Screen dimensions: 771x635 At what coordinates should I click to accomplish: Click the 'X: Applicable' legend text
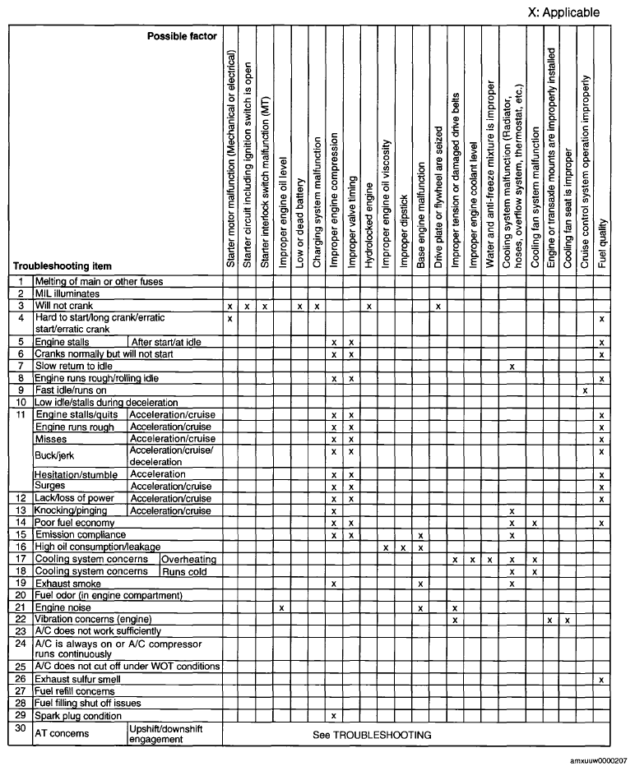click(563, 12)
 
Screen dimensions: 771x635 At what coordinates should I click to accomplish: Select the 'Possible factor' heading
click(182, 36)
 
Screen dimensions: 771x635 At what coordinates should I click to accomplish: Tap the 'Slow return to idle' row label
click(74, 366)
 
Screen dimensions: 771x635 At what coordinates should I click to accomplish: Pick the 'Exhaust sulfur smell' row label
click(77, 680)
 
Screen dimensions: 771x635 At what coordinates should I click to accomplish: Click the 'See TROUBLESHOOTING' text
click(372, 734)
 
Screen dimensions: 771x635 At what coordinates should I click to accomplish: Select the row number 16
click(21, 547)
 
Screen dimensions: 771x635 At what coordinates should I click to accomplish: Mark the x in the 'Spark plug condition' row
click(334, 715)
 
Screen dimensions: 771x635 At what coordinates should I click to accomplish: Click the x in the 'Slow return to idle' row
click(512, 366)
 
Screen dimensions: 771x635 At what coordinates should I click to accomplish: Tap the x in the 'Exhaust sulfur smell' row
click(602, 680)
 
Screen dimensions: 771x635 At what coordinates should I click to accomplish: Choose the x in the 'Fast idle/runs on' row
click(585, 390)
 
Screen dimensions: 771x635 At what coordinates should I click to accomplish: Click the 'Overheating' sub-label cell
click(189, 559)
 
